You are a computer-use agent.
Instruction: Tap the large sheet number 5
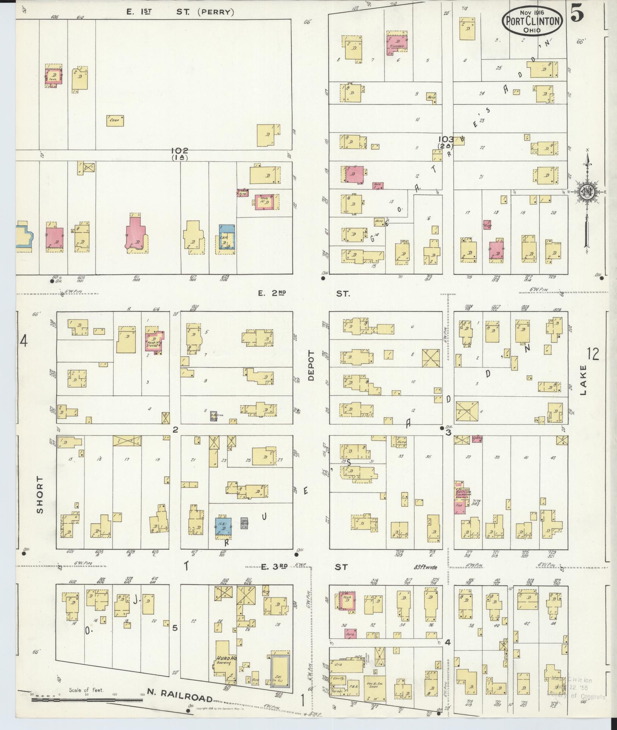577,15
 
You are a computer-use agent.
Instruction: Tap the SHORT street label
40,494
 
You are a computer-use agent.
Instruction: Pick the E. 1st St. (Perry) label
180,12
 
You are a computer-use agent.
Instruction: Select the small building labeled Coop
115,120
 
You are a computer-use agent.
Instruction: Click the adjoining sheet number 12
593,355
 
